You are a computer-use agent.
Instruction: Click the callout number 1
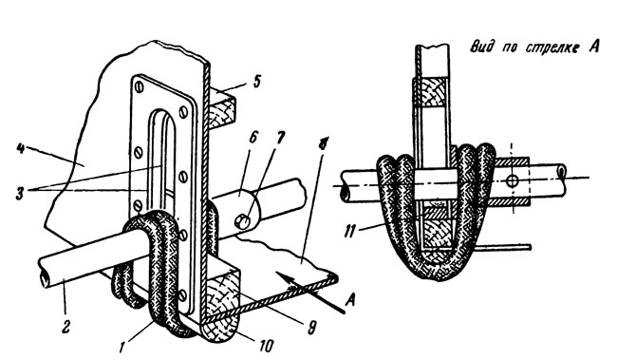123,348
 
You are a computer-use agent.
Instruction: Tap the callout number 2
65,327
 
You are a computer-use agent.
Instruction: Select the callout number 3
21,193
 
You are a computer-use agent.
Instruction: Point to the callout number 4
21,150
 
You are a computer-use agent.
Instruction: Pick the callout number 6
252,138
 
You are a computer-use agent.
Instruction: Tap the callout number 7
281,139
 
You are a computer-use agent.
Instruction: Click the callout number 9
311,328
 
